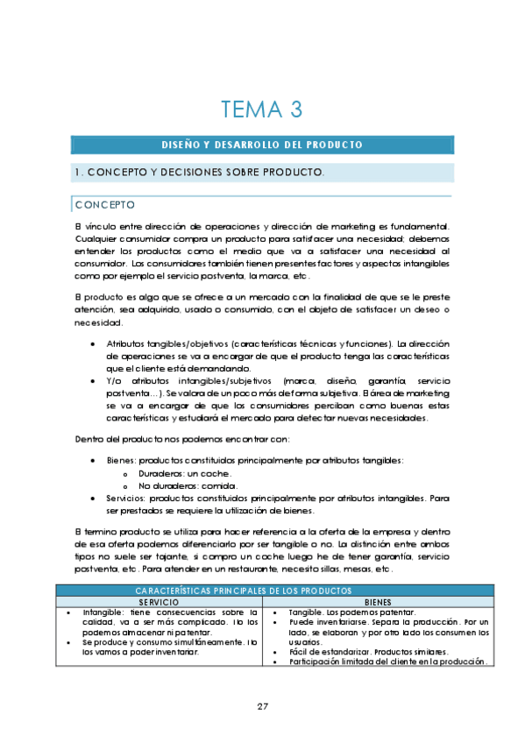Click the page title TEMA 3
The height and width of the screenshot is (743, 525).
tap(262, 110)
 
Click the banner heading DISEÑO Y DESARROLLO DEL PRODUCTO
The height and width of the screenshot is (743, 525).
tap(262, 145)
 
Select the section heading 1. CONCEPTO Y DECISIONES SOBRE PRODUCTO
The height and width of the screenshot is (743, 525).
tap(200, 173)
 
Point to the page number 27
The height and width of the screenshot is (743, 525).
tap(262, 706)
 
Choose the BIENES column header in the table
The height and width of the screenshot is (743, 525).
tap(378, 603)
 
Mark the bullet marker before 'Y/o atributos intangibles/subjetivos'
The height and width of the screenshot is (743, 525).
tap(93, 381)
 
